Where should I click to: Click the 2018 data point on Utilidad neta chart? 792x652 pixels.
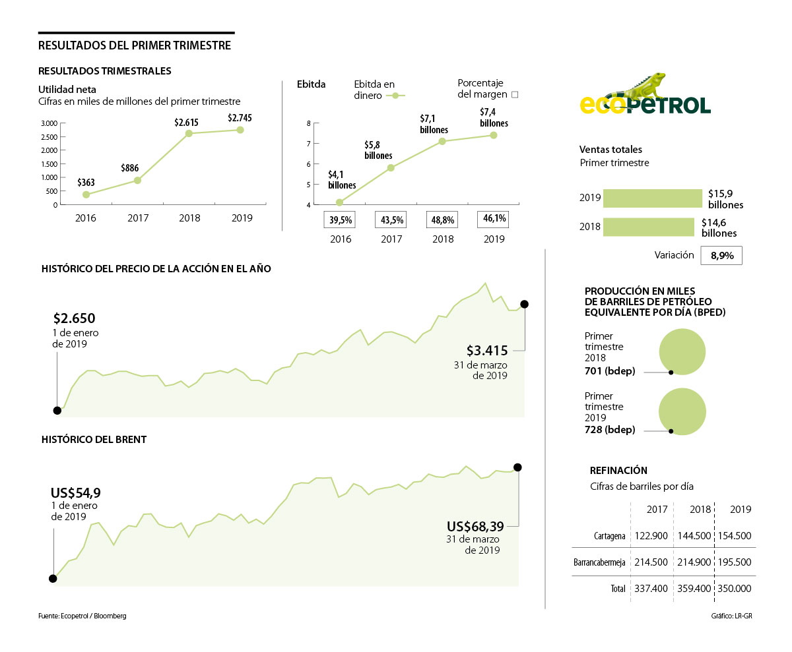[189, 133]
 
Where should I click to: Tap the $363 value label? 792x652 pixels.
[86, 183]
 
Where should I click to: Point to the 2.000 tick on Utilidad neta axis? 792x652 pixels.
[49, 150]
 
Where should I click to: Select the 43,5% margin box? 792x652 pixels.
[391, 220]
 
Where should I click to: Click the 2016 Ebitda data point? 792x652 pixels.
[339, 202]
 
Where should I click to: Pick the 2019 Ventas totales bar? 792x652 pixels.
[652, 198]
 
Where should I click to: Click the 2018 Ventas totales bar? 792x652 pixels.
[648, 227]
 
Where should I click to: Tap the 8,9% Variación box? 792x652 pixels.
[721, 256]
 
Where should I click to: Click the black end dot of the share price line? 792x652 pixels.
[524, 304]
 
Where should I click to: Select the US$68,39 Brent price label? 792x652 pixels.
[475, 526]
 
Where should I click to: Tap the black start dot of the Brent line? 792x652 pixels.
[53, 579]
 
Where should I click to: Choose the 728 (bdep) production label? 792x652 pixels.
[610, 430]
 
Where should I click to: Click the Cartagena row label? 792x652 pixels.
[609, 537]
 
